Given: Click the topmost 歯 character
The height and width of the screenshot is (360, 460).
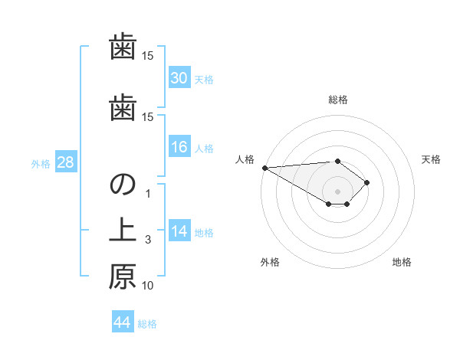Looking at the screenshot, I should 123,47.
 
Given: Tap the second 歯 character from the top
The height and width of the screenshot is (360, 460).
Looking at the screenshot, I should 123,108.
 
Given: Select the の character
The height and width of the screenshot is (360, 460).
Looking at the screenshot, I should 123,185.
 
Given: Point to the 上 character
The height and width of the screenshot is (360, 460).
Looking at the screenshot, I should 123,231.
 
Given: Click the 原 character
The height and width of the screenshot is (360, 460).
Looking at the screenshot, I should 123,277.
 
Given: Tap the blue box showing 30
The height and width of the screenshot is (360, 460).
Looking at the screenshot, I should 179,78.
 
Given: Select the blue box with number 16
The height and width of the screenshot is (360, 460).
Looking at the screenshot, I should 179,148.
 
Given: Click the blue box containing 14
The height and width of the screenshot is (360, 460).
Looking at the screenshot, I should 179,232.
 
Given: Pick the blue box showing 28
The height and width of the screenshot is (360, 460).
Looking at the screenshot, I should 65,163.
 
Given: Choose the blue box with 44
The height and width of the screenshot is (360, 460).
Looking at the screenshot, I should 123,322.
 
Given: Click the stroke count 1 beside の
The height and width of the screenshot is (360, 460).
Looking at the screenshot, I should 148,194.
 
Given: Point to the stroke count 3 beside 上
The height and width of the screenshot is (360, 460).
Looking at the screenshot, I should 148,240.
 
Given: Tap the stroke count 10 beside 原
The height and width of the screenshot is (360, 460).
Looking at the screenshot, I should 148,286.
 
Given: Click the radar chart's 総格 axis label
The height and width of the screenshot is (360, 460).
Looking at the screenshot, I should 338,100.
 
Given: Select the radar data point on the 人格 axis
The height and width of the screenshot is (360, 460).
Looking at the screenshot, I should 264,167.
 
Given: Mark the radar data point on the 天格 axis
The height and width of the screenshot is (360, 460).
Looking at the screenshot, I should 368,182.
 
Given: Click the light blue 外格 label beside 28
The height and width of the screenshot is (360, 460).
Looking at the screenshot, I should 41,164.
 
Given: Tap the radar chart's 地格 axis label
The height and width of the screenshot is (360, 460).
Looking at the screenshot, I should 402,262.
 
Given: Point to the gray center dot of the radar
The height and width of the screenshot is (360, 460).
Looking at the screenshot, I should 337,191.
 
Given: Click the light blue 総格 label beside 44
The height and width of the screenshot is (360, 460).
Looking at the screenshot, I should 147,323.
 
